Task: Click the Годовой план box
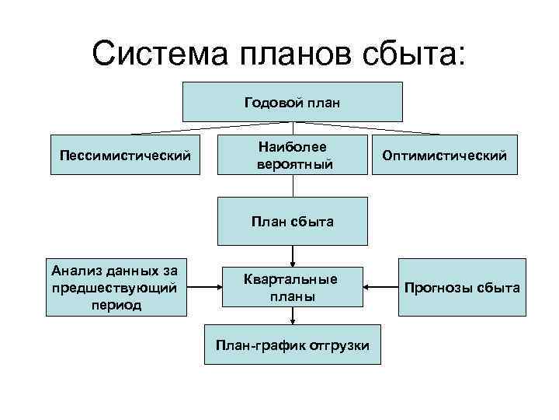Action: point(292,102)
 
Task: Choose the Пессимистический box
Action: point(125,156)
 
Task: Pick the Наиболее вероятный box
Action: point(292,156)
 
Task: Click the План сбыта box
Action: point(292,222)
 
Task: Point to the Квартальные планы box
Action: point(292,287)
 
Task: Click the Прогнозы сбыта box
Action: point(462,287)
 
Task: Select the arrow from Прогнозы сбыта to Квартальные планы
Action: point(381,287)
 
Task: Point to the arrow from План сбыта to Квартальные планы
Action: point(293,255)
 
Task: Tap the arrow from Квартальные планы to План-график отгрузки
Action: point(293,316)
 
